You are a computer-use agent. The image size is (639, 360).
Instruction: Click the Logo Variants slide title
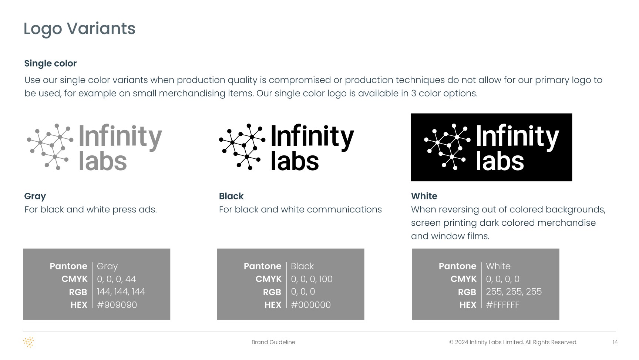(x=80, y=29)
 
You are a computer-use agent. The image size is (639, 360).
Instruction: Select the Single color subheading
(x=50, y=63)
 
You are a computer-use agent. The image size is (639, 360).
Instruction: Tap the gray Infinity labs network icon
(x=48, y=147)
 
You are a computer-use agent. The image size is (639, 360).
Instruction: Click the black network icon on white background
(x=242, y=147)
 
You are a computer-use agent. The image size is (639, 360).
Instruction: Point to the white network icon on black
(x=447, y=147)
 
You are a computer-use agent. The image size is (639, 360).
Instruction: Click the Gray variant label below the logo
(x=35, y=196)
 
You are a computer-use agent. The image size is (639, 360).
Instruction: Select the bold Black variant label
(x=231, y=196)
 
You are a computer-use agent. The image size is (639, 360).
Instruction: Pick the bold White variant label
(x=424, y=196)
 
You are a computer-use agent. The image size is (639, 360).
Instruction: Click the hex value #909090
(x=117, y=305)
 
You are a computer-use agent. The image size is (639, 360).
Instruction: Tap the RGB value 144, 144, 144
(x=121, y=292)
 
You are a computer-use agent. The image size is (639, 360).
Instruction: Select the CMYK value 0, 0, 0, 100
(x=312, y=279)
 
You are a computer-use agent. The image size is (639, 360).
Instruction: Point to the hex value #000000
(x=311, y=305)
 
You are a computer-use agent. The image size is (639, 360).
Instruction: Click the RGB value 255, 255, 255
(x=514, y=292)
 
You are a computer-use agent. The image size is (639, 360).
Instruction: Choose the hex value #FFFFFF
(x=502, y=305)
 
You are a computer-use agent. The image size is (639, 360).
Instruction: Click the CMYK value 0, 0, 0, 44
(x=117, y=279)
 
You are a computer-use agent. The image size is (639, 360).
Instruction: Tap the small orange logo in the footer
(x=28, y=342)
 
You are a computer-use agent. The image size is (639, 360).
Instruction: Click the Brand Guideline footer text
(x=273, y=342)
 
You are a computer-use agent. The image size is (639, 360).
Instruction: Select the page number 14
(x=615, y=342)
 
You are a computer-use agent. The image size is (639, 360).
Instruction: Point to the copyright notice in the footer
(x=513, y=342)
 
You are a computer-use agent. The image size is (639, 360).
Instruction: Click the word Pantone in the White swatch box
(x=458, y=266)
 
